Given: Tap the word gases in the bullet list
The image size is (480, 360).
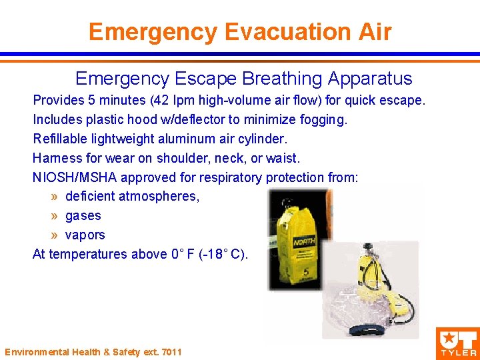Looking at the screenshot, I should coord(83,216).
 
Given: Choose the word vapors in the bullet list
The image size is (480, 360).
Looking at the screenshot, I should coord(85,235).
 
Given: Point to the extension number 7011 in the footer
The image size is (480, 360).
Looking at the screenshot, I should coord(171,352).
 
